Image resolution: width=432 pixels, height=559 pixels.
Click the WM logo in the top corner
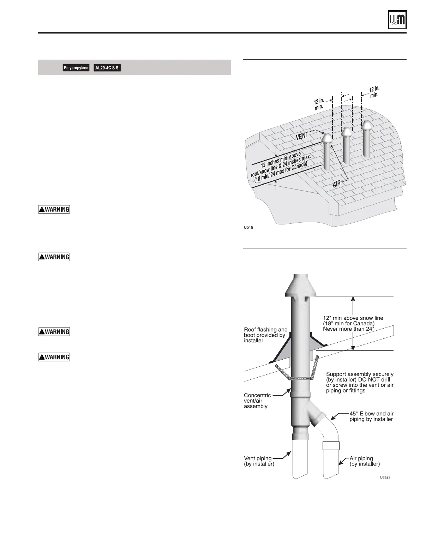click(397, 19)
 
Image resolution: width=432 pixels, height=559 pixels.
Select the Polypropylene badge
click(76, 68)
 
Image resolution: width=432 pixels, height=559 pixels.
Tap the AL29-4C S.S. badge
click(107, 68)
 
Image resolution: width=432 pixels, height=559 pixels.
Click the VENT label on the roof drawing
click(302, 136)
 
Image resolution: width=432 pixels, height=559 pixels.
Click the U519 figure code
click(248, 227)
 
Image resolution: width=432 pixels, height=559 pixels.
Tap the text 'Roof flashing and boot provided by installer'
click(265, 335)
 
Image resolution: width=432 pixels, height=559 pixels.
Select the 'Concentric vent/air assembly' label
click(258, 401)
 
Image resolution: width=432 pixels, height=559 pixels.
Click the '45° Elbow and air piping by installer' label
click(371, 416)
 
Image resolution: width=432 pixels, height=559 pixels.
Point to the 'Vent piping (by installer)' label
click(259, 461)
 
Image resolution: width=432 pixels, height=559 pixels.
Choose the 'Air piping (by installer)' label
click(364, 461)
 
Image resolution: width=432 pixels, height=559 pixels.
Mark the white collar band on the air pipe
click(331, 445)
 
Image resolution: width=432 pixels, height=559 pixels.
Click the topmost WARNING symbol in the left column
click(54, 209)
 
